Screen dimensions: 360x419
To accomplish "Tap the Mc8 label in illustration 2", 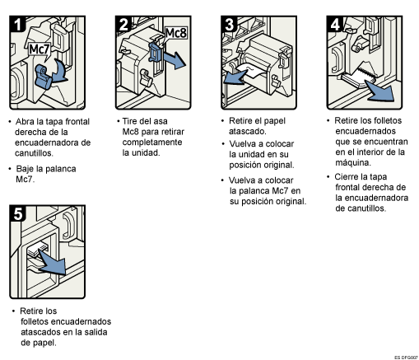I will point(176,33).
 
